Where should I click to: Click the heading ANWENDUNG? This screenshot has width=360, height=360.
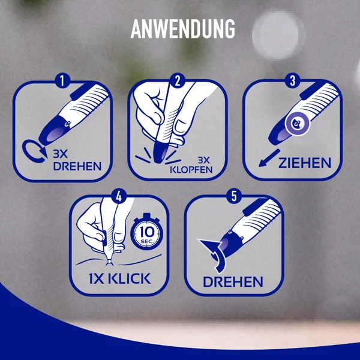[x=183, y=29]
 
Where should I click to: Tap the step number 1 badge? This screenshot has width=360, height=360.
[x=62, y=80]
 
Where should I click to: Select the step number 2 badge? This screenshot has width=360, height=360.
[x=177, y=81]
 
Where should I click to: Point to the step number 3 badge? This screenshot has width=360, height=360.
[x=292, y=80]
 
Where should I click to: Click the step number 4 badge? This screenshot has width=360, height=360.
[x=119, y=197]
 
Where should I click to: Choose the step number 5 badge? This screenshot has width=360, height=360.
[x=234, y=196]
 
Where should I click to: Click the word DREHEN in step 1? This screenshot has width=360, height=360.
[x=77, y=166]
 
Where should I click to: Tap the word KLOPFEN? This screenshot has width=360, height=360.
[x=191, y=169]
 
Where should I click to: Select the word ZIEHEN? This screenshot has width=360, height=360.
[x=305, y=163]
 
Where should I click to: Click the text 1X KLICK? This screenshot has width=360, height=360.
[x=119, y=278]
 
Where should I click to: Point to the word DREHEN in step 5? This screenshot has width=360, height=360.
[x=233, y=282]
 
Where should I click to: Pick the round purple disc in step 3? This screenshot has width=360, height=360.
[x=298, y=124]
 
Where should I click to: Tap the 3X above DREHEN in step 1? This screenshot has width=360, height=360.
[x=61, y=154]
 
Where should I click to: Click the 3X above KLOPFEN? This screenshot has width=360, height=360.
[x=204, y=160]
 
